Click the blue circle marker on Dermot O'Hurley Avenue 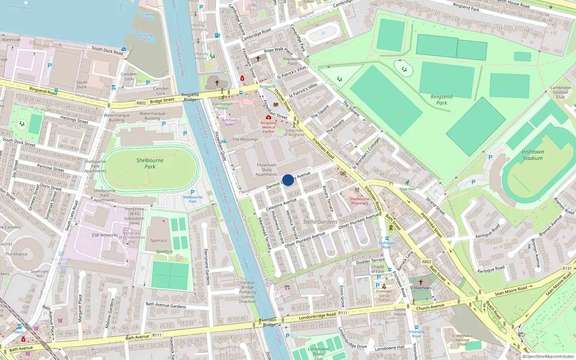tap(288, 180)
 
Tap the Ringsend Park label tap(442, 100)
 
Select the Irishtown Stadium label tap(532, 155)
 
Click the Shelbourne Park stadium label tap(150, 163)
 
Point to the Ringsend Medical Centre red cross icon tap(268, 117)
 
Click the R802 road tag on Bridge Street tap(141, 103)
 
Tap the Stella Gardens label tap(320, 222)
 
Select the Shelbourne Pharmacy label tap(360, 201)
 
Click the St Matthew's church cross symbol tap(420, 282)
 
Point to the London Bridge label tap(269, 322)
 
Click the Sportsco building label tap(158, 240)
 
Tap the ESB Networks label tap(104, 235)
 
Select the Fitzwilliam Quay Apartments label tap(266, 170)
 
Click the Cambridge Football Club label tap(560, 92)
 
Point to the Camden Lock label tap(129, 76)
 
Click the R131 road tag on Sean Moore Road tap(567, 268)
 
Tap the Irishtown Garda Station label tap(384, 296)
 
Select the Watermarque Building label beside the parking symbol tap(152, 116)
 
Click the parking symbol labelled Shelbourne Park tap(192, 192)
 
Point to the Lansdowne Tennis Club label tap(318, 354)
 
